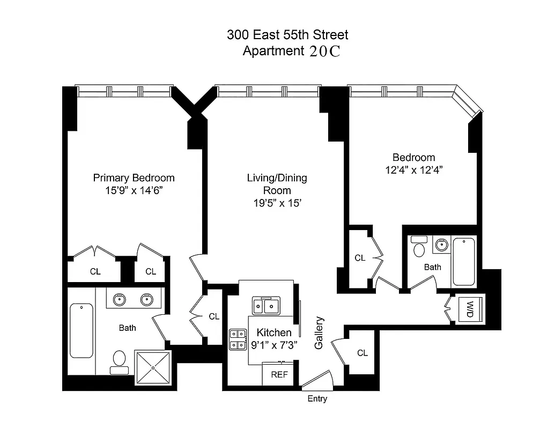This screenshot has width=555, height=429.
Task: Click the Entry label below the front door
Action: point(317,399)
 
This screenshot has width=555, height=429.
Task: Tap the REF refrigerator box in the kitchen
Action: point(279,375)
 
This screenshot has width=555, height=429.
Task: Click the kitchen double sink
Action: point(267,306)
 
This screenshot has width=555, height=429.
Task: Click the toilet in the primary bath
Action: point(119,360)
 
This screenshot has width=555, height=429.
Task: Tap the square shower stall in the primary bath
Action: point(153,368)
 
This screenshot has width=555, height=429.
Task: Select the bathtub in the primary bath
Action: point(82,330)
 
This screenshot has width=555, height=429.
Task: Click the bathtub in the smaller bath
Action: point(464,262)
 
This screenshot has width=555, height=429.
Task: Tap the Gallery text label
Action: point(319,333)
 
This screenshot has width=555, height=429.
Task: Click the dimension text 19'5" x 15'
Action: point(277,203)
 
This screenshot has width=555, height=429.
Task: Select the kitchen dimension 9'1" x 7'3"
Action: point(273,345)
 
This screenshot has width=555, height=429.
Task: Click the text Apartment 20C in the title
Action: point(292,51)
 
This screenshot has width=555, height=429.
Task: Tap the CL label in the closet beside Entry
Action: point(362,353)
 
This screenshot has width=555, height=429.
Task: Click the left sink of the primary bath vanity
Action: point(118,299)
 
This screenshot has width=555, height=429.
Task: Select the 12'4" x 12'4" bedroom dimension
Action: point(413,169)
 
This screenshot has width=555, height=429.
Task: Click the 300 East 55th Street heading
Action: point(287,35)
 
